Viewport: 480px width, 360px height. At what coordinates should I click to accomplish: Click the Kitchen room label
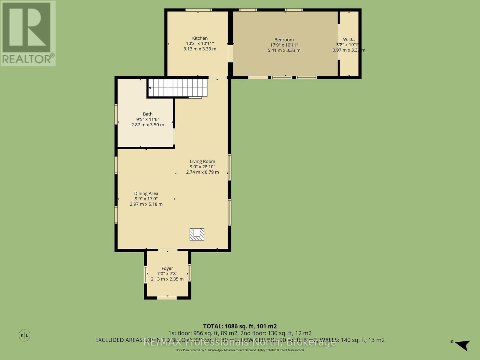point(200,38)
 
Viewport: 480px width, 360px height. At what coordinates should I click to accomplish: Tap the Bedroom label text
point(284,40)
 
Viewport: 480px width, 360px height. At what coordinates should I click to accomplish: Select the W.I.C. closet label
point(349,39)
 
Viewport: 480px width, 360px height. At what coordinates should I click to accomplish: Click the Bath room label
point(148,114)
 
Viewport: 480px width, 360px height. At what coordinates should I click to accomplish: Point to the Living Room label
point(202,161)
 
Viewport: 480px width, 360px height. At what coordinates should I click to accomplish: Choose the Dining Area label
point(146,193)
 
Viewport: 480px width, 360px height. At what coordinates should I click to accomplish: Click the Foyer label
point(167,268)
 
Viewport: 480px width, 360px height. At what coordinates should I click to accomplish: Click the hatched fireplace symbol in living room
point(197,234)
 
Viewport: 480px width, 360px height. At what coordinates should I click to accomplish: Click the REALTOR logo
point(28,33)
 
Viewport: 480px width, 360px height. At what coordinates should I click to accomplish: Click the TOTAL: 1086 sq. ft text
point(240,326)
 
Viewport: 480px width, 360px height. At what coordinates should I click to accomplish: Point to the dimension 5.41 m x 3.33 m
point(284,50)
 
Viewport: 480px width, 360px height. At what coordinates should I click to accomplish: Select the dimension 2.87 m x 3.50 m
point(148,124)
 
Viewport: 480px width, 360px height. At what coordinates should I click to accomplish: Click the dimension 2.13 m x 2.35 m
point(167,279)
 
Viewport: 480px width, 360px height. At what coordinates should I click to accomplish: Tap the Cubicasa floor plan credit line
point(240,350)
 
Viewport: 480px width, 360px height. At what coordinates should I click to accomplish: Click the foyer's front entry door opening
point(167,298)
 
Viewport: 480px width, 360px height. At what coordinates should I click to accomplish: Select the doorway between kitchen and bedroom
point(230,54)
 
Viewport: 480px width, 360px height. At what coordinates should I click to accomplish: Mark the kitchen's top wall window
point(198,10)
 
